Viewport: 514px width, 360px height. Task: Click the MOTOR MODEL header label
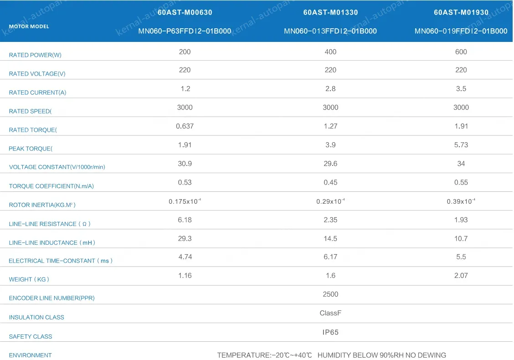[x=29, y=26]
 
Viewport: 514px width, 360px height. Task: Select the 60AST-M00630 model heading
[x=185, y=13]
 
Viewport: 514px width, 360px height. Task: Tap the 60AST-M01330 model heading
[x=330, y=13]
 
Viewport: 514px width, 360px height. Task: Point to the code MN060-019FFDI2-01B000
[x=461, y=31]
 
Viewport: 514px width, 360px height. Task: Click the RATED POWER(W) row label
[x=35, y=55]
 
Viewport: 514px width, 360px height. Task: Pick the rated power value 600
[x=461, y=52]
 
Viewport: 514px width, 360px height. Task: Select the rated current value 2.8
[x=330, y=89]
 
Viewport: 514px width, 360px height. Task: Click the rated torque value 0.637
[x=185, y=126]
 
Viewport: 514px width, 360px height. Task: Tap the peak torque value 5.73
[x=461, y=145]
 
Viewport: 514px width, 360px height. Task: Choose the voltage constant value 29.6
[x=330, y=164]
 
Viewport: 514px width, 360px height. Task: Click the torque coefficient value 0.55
[x=461, y=182]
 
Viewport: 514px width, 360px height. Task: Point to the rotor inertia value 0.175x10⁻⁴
[x=185, y=201]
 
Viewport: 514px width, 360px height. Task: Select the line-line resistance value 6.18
[x=185, y=220]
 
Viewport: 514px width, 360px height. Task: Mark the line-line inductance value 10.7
[x=461, y=238]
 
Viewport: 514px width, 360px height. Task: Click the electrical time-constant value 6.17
[x=330, y=257]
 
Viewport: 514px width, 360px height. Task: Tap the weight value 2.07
[x=461, y=276]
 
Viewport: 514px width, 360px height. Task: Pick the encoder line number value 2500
[x=330, y=294]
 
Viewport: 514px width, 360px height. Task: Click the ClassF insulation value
[x=330, y=313]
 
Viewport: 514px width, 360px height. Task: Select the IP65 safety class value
[x=330, y=332]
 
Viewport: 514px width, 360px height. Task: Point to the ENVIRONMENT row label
[x=30, y=355]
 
